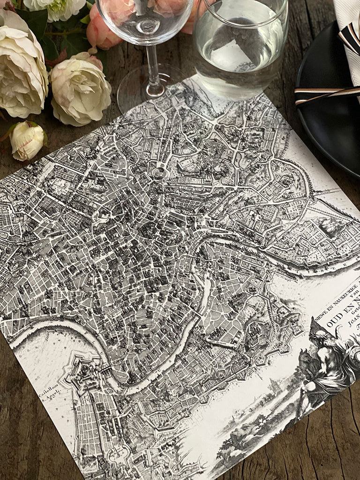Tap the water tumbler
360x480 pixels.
(x=240, y=45)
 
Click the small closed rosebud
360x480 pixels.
(x=27, y=139)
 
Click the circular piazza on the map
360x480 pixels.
(x=159, y=173)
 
